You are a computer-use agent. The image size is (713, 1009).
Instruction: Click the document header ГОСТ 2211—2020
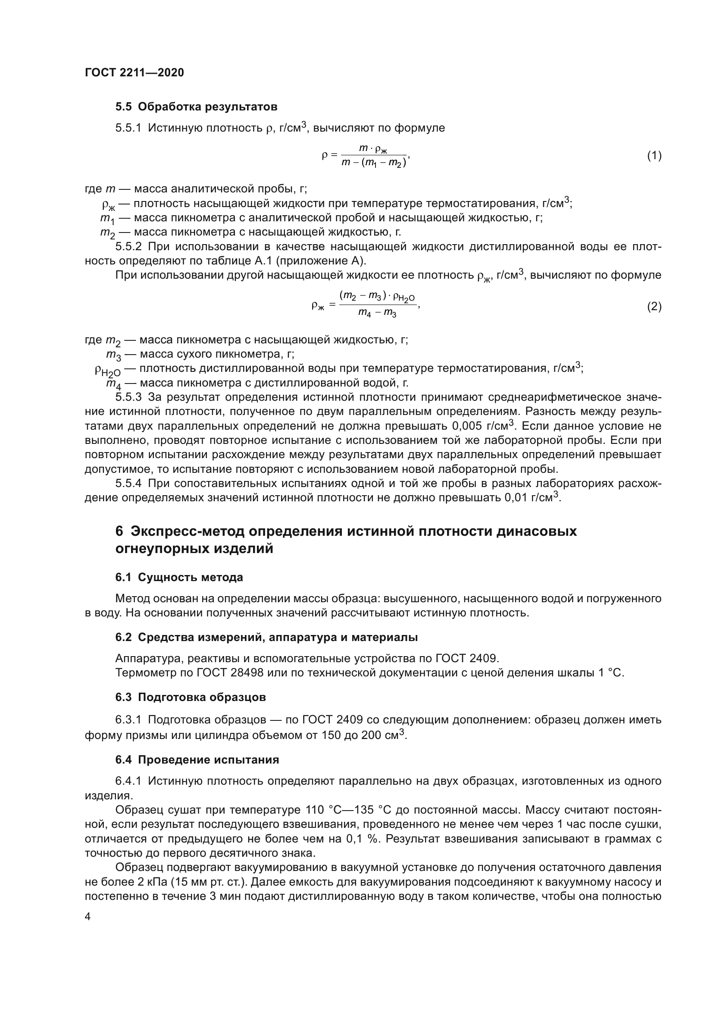pyautogui.click(x=134, y=72)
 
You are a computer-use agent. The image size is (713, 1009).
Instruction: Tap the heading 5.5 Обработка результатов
pyautogui.click(x=196, y=107)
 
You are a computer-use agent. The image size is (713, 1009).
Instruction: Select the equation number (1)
pyautogui.click(x=654, y=156)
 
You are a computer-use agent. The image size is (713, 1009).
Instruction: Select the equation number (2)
pyautogui.click(x=654, y=306)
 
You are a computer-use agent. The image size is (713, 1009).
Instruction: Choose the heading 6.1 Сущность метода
pyautogui.click(x=179, y=578)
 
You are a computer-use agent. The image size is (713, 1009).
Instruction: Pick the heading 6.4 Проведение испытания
pyautogui.click(x=197, y=760)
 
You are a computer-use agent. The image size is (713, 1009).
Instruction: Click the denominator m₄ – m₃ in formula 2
pyautogui.click(x=377, y=313)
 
